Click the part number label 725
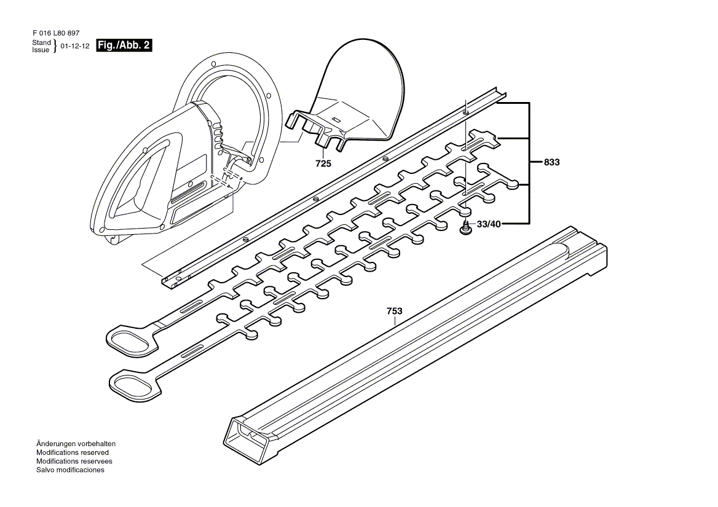coord(323,163)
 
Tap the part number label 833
coord(552,163)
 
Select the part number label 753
coord(394,312)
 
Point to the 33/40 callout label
coord(489,224)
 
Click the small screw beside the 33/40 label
coord(465,229)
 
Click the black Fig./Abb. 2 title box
coord(124,45)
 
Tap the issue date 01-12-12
coord(75,46)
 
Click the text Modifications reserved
coord(73,452)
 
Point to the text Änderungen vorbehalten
coord(76,444)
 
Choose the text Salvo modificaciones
coord(70,470)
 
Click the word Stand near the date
coord(41,42)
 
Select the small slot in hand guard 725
coord(336,118)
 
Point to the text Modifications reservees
coord(74,461)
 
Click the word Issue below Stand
coord(41,50)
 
